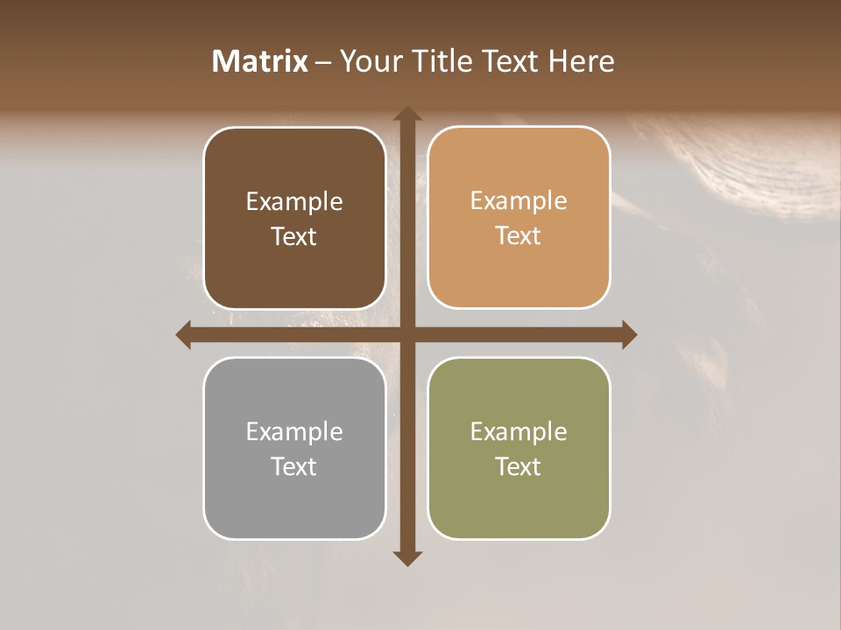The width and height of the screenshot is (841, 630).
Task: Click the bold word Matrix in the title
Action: [260, 60]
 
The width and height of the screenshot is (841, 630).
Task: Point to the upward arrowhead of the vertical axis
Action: [406, 115]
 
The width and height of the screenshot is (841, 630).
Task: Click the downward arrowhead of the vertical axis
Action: [406, 557]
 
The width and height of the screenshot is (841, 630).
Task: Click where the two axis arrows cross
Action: [406, 334]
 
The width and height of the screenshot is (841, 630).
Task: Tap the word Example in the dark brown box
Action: [294, 202]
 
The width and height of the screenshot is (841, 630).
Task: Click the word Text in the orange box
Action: [519, 236]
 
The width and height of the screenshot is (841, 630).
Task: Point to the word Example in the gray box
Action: [294, 431]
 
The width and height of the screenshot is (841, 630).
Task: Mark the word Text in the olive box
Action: [519, 466]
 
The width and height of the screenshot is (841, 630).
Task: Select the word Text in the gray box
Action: [294, 466]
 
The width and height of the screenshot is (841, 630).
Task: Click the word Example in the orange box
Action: [519, 201]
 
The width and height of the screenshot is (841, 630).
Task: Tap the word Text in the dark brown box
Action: [294, 237]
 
